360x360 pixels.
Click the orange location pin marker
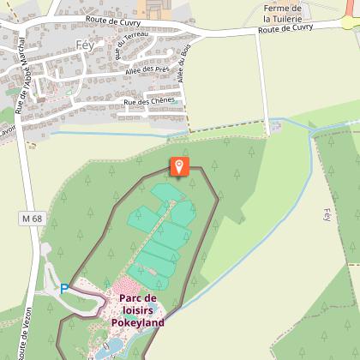tap(179, 165)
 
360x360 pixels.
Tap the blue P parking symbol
tap(64, 290)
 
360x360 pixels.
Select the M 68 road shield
tap(32, 219)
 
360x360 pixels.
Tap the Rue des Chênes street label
tap(149, 101)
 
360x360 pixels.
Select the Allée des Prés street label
tap(147, 69)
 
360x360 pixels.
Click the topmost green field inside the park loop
tap(162, 191)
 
